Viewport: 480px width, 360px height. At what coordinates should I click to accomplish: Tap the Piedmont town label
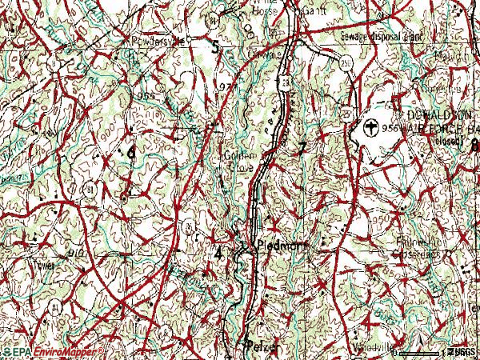[x=276, y=247]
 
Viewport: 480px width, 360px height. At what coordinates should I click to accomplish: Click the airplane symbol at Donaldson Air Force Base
[x=370, y=126]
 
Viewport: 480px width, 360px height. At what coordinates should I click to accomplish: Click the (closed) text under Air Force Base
[x=453, y=139]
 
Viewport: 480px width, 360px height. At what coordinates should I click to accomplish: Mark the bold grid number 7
[x=302, y=148]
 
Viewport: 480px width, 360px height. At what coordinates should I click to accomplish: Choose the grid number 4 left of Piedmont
[x=218, y=252]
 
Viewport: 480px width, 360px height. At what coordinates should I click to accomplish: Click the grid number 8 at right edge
[x=474, y=146]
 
